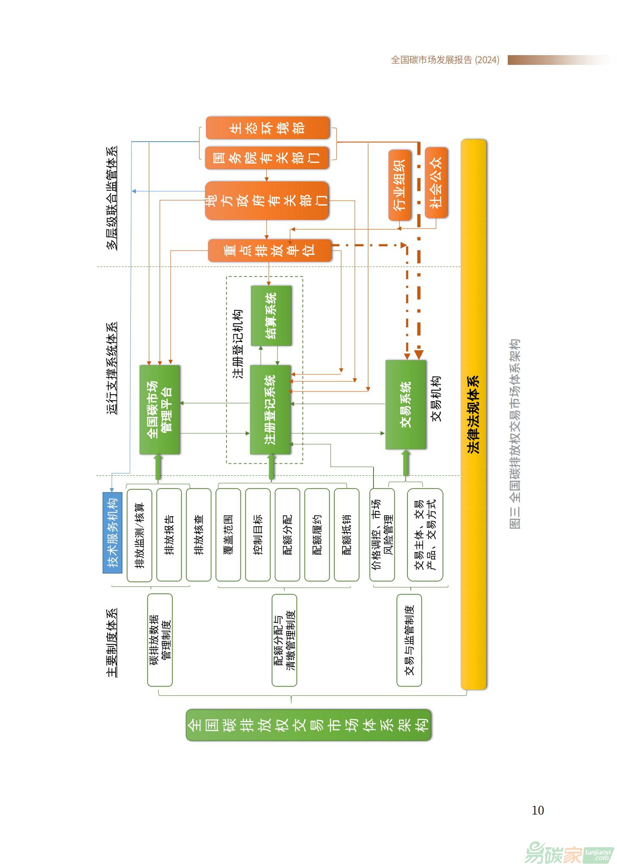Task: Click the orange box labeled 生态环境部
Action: point(267,128)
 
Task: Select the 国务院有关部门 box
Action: point(267,158)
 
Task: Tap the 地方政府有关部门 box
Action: point(267,201)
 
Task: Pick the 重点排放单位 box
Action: point(269,251)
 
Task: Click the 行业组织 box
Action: point(400,185)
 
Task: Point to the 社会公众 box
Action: point(436,183)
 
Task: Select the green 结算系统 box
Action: point(271,315)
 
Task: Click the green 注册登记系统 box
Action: point(270,410)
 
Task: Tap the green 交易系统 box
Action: point(406,405)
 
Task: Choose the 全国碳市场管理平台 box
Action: point(160,410)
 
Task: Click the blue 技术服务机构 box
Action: point(113,533)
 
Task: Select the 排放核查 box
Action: point(199,535)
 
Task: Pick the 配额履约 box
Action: point(317,535)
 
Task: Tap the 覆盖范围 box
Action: point(228,535)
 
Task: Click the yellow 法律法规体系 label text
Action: point(473,415)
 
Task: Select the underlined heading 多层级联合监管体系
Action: point(111,198)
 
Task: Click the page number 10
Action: point(538,810)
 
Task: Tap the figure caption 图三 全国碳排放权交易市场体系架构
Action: point(515,433)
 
